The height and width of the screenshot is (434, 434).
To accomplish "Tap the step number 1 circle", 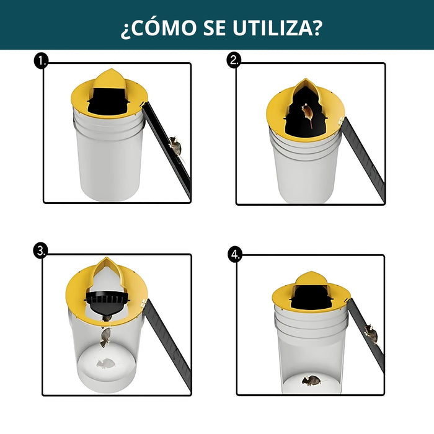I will pos(42,61).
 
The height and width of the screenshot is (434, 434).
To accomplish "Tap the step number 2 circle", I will pos(234,61).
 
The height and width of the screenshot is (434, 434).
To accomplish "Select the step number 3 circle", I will pos(41,251).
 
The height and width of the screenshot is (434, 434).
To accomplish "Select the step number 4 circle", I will pos(234,254).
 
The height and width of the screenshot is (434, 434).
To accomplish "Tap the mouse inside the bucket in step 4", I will pos(311,379).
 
